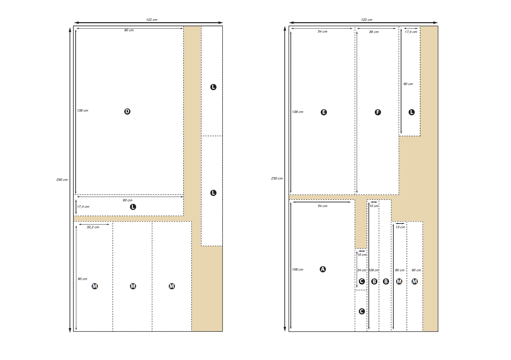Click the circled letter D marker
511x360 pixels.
[x=127, y=111]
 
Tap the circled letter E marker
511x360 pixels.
[x=324, y=112]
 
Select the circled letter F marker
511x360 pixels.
[x=378, y=112]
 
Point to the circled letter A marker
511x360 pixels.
[x=323, y=269]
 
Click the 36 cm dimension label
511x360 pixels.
[x=374, y=32]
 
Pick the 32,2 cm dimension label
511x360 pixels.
[x=93, y=227]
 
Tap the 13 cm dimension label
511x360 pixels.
[x=400, y=227]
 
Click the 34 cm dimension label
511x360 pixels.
[x=361, y=270]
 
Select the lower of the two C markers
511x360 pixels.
[x=362, y=311]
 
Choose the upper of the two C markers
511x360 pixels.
[x=362, y=281]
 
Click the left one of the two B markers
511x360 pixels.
[x=374, y=281]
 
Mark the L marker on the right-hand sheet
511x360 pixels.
[x=411, y=112]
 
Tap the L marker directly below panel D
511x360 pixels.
[x=133, y=207]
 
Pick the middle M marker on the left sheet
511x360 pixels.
[x=133, y=286]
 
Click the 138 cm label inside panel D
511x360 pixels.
[x=82, y=111]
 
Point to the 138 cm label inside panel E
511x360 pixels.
[x=298, y=112]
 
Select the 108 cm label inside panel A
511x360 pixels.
[x=298, y=270]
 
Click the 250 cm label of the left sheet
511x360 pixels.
[x=62, y=180]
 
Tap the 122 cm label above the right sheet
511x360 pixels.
[x=366, y=20]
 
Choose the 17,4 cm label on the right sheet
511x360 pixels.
[x=411, y=32]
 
